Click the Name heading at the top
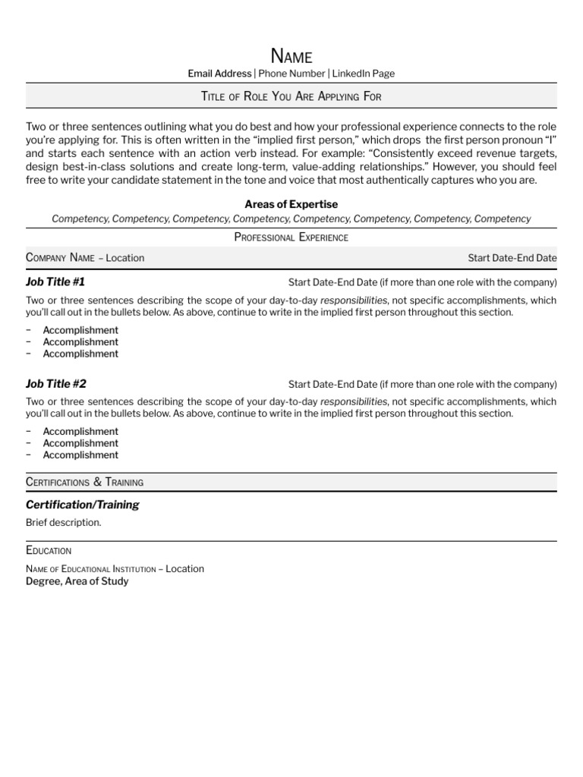click(x=291, y=55)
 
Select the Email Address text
click(x=219, y=74)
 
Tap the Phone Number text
click(x=291, y=74)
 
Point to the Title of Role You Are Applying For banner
click(x=291, y=96)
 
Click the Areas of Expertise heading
click(x=291, y=204)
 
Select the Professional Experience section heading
click(x=291, y=238)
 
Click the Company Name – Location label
click(x=85, y=258)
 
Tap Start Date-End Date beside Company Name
click(x=512, y=258)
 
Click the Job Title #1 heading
click(x=55, y=282)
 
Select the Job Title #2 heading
click(x=55, y=383)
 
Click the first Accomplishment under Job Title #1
click(x=80, y=330)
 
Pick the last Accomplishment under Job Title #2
click(x=80, y=455)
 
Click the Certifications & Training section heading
click(x=84, y=482)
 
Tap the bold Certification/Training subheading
click(x=82, y=505)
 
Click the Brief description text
click(x=63, y=523)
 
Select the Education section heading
click(x=49, y=550)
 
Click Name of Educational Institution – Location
click(x=115, y=568)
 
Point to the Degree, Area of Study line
click(x=77, y=581)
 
